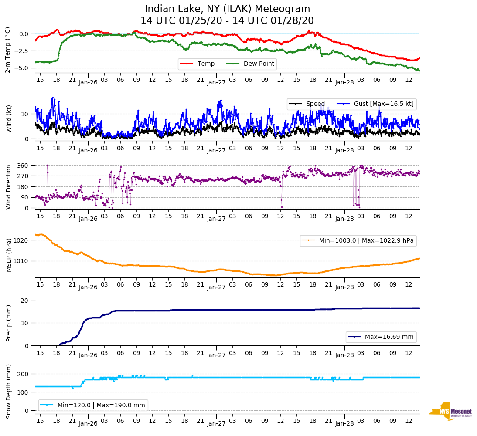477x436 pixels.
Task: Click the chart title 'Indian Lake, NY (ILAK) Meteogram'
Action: coord(227,9)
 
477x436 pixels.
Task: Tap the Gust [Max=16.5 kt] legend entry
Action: coord(383,104)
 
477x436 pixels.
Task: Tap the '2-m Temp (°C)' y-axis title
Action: coord(8,50)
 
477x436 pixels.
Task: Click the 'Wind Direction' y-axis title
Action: coord(9,187)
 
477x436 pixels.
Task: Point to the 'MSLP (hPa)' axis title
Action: coord(9,255)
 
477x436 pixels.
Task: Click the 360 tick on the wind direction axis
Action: coord(23,166)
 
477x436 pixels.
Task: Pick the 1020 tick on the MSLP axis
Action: coord(21,240)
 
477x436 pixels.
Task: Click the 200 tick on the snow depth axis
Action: coord(23,374)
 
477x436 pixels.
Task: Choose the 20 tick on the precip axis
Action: coord(25,301)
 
